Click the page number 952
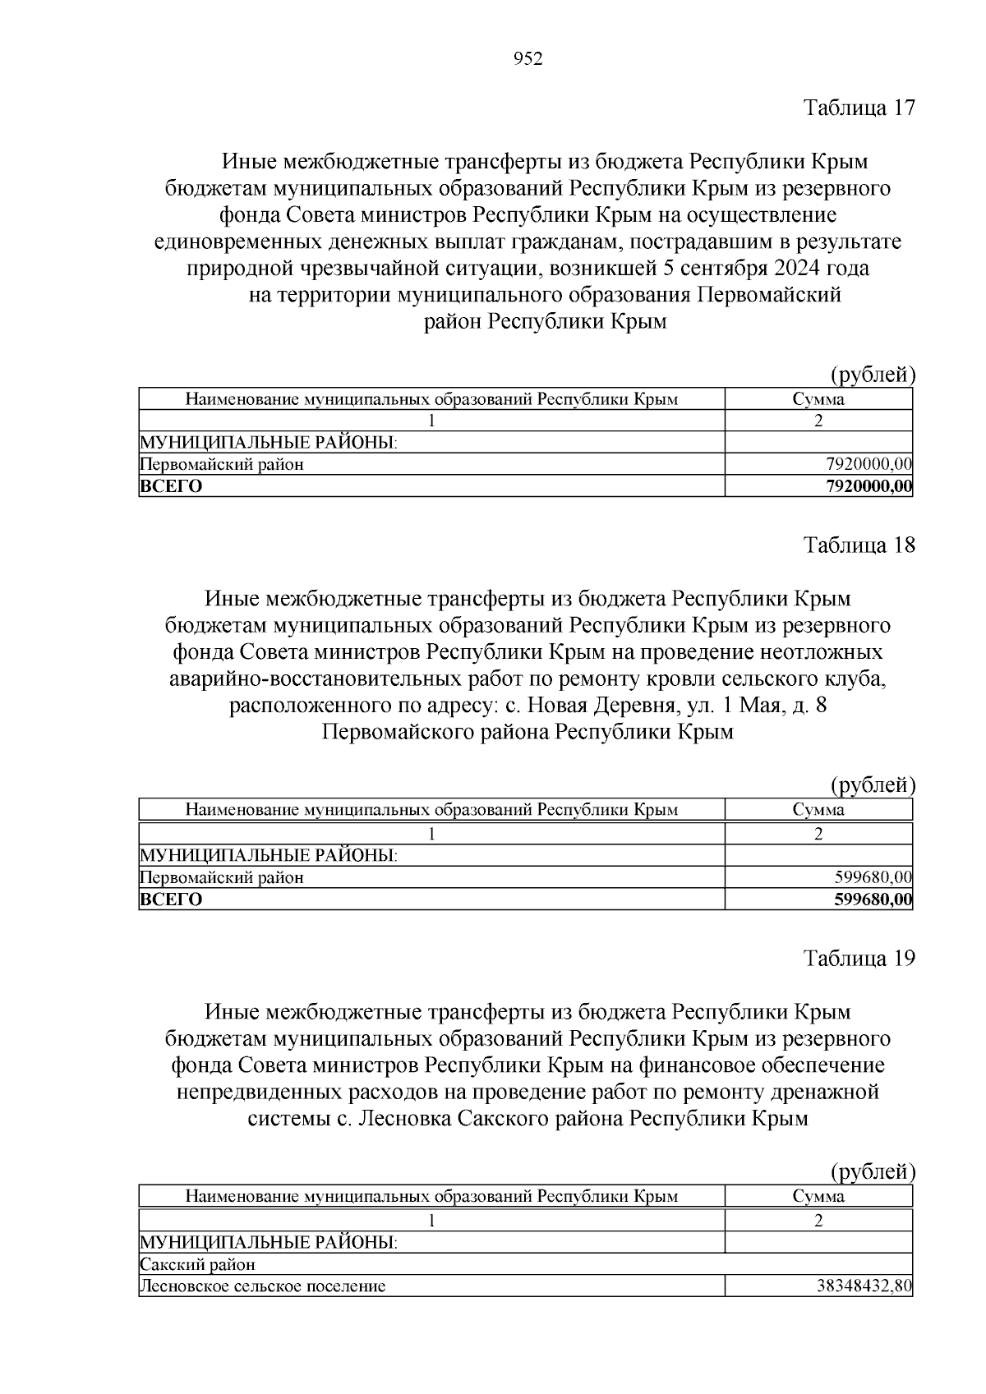pos(528,59)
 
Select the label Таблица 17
pos(859,108)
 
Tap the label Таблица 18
pos(859,545)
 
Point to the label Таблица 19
pos(859,959)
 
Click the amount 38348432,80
pos(864,1286)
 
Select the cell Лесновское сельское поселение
pos(263,1286)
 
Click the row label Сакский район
pos(198,1264)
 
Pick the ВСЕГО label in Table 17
pos(171,486)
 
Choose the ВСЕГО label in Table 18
pos(171,899)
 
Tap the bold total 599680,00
pos(873,899)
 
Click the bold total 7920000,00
pos(868,486)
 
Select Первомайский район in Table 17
pos(222,465)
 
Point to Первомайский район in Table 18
pos(222,877)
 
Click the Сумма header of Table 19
pos(818,1196)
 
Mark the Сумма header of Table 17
pos(818,400)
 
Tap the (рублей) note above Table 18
pos(873,785)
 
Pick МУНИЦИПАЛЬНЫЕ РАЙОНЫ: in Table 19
pos(269,1242)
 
